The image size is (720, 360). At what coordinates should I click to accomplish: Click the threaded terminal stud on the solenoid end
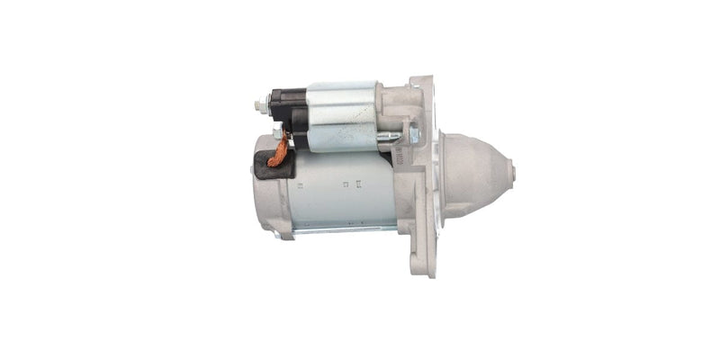[259, 105]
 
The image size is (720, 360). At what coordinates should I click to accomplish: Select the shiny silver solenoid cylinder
[342, 115]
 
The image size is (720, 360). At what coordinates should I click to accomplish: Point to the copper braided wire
[280, 150]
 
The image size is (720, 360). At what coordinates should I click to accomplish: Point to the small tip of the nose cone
[509, 169]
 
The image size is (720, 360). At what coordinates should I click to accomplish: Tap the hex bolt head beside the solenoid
[413, 135]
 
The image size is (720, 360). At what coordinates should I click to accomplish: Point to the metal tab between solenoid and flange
[388, 138]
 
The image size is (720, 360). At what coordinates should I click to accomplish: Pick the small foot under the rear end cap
[285, 235]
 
